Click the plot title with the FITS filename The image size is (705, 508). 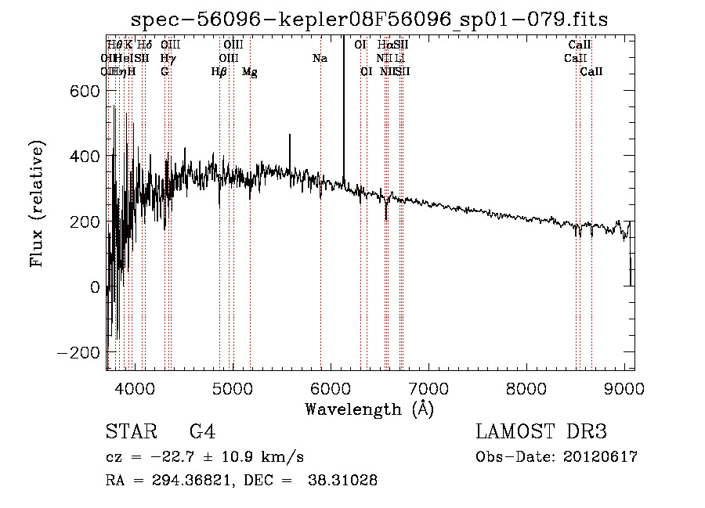[371, 19]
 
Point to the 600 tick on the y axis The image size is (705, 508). [107, 91]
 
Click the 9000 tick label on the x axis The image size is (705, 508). [624, 387]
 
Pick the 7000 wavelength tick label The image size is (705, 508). [428, 387]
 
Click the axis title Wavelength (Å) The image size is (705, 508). [369, 409]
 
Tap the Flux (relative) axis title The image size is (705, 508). [37, 204]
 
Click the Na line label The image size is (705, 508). [320, 59]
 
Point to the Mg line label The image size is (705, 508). [250, 72]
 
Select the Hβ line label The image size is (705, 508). [219, 72]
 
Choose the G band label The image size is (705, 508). [164, 72]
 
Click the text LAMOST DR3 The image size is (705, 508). [541, 432]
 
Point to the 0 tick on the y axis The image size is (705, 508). [107, 287]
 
